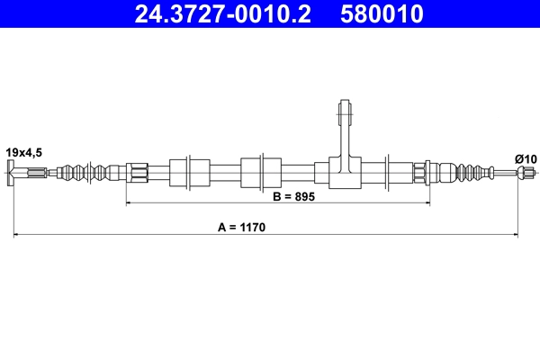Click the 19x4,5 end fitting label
(23, 152)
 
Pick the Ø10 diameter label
(526, 159)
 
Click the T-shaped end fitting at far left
(12, 171)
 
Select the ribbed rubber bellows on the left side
(90, 171)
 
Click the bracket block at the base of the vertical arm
(343, 171)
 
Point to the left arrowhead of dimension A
(15, 236)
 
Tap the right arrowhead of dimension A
(514, 236)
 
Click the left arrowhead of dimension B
(129, 204)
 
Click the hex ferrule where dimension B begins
(137, 171)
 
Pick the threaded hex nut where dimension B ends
(421, 171)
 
